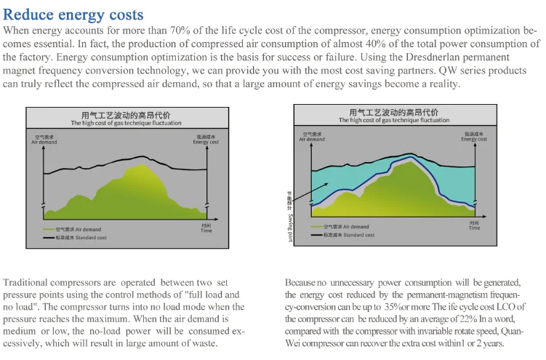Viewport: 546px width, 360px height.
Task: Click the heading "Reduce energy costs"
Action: pyautogui.click(x=73, y=15)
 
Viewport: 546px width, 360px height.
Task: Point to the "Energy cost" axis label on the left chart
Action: pyautogui.click(x=206, y=140)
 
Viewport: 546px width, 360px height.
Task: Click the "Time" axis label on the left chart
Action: pyautogui.click(x=206, y=229)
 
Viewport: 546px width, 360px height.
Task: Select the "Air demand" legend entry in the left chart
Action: pyautogui.click(x=76, y=229)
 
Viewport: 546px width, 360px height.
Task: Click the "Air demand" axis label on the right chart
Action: pyautogui.click(x=313, y=137)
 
